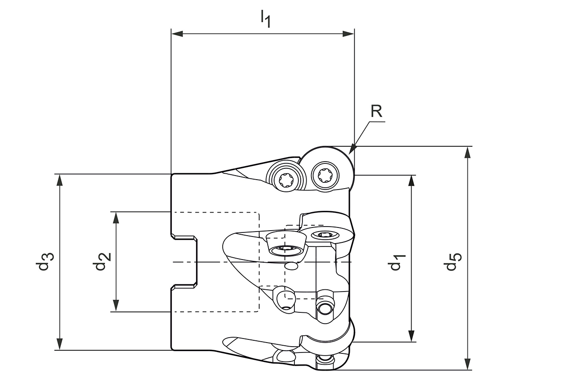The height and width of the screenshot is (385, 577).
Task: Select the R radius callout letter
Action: pyautogui.click(x=376, y=111)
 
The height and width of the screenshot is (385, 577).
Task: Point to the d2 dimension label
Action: pyautogui.click(x=102, y=261)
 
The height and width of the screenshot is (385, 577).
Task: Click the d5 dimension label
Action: pyautogui.click(x=453, y=262)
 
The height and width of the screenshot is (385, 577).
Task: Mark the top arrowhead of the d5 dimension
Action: pyautogui.click(x=468, y=152)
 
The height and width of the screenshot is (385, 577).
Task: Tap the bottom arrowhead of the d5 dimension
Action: pyautogui.click(x=468, y=364)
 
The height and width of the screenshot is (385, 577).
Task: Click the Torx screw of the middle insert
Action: pyautogui.click(x=323, y=234)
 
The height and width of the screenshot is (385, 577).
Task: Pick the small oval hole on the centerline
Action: pyautogui.click(x=292, y=267)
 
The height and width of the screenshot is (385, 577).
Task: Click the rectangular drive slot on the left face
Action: pyautogui.click(x=184, y=262)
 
